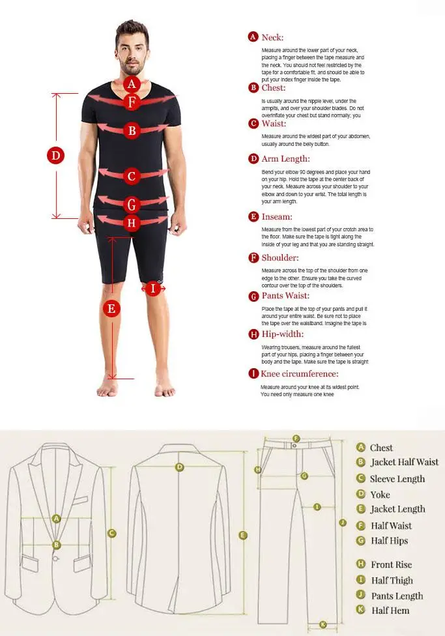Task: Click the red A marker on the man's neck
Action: pos(132,83)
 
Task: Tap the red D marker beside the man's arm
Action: pos(57,156)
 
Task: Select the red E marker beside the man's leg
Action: pos(112,308)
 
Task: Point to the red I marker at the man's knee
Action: pos(152,288)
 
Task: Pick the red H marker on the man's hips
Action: pos(132,223)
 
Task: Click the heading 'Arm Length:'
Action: pos(285,159)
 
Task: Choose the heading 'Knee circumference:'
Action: pos(300,374)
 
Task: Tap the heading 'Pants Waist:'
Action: pos(285,296)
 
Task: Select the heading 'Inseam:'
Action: pos(277,217)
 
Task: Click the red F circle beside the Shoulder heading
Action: pos(254,258)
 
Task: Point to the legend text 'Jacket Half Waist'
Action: pos(405,463)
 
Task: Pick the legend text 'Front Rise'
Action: pos(392,565)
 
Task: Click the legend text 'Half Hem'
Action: pos(390,611)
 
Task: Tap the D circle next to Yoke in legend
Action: pos(360,494)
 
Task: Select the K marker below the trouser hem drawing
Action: pos(323,625)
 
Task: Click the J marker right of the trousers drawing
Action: pos(342,522)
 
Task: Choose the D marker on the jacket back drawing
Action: pos(180,467)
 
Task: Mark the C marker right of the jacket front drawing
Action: pos(112,533)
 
